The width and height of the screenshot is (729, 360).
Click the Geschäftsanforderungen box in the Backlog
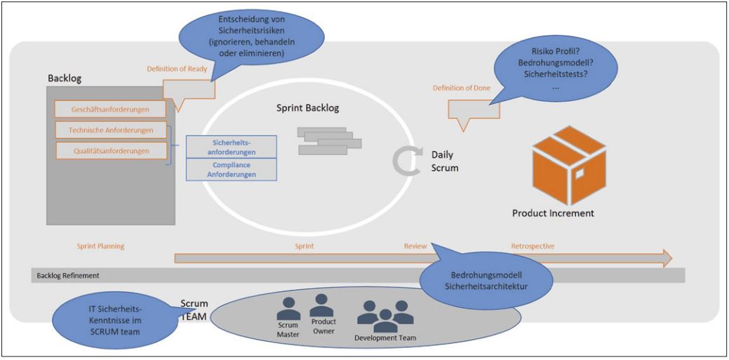pos(111,109)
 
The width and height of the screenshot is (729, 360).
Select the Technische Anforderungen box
pos(111,130)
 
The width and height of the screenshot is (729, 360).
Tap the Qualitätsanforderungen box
pos(111,150)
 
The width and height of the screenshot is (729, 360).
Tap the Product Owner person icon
pos(322,305)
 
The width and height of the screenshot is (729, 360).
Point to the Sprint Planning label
pos(100,246)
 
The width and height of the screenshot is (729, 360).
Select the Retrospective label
pos(533,246)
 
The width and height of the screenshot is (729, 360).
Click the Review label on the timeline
pos(415,246)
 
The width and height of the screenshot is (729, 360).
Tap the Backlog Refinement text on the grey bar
pos(68,276)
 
